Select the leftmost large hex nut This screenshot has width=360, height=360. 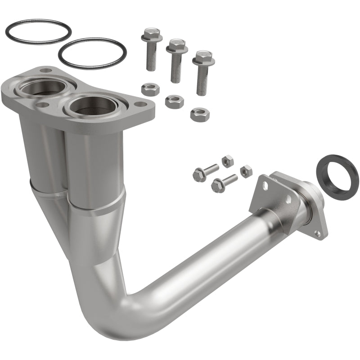click(150, 89)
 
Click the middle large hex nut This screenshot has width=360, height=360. click(174, 101)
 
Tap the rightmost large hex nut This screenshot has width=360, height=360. click(200, 115)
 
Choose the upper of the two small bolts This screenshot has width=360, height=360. click(205, 172)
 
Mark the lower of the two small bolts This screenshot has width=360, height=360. click(224, 182)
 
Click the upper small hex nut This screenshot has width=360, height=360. click(227, 161)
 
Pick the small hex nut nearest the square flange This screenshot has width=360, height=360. click(246, 171)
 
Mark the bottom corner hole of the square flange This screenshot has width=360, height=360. click(318, 233)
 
